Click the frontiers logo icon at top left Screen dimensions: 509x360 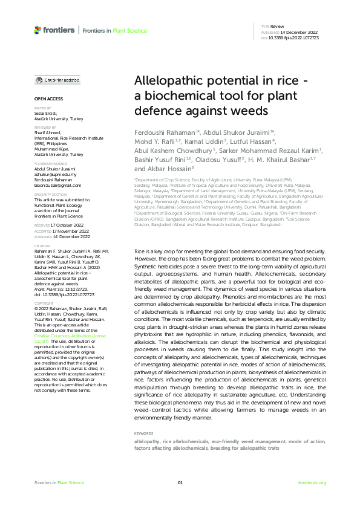coord(38,29)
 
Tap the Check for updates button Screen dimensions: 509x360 coord(57,80)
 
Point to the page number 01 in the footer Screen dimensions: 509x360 coord(180,482)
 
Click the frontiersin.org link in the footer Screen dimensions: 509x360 coord(312,482)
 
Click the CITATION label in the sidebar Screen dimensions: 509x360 coord(42,247)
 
